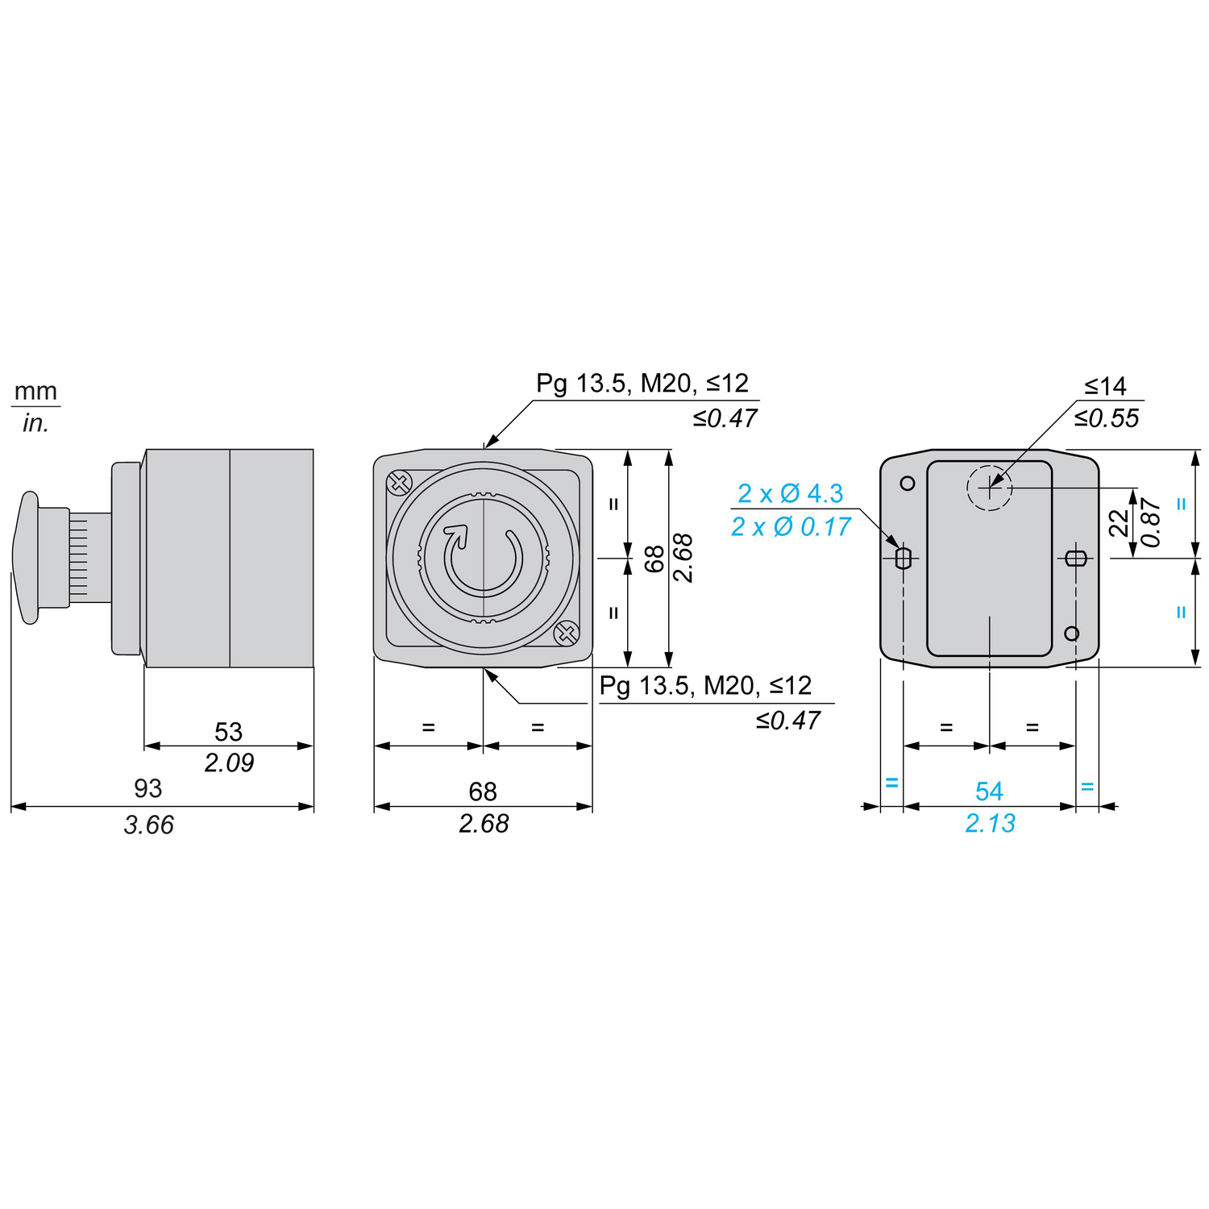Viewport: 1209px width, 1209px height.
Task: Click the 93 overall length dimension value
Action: point(148,788)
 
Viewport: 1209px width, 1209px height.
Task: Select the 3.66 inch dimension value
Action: point(149,825)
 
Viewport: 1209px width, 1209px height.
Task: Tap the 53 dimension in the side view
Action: point(228,732)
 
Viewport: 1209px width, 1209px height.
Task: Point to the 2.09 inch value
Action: point(229,762)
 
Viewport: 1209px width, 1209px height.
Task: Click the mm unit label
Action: point(36,392)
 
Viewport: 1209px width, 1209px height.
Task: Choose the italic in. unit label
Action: point(35,423)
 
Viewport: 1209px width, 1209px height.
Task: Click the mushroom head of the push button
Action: point(26,558)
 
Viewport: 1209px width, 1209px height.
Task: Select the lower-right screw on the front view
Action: point(567,634)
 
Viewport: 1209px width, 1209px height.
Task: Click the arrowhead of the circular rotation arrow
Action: point(457,534)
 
